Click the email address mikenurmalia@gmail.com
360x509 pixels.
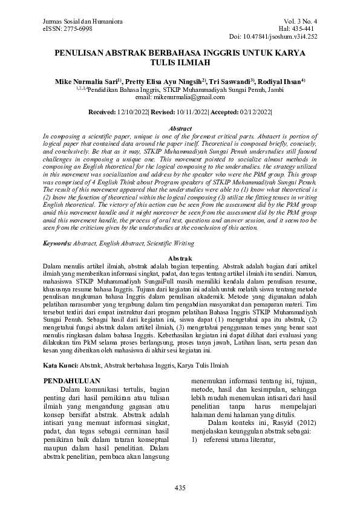pyautogui.click(x=188, y=96)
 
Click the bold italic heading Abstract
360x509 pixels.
pyautogui.click(x=180, y=129)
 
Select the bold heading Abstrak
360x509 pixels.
pyautogui.click(x=180, y=258)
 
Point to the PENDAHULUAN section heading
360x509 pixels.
pyautogui.click(x=73, y=381)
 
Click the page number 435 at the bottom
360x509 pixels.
pyautogui.click(x=180, y=488)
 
